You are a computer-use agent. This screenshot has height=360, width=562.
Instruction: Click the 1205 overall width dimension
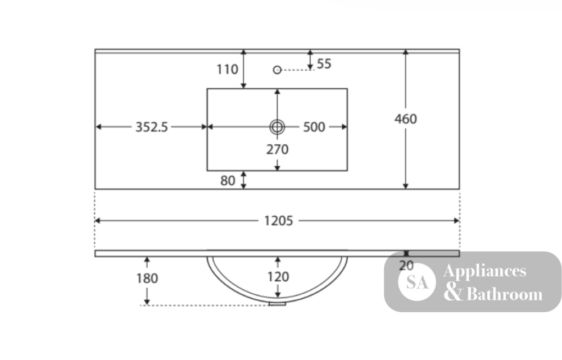click(x=279, y=221)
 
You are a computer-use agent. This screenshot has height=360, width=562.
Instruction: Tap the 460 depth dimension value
click(x=406, y=119)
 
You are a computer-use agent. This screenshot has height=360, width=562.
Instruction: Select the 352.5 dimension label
click(x=151, y=127)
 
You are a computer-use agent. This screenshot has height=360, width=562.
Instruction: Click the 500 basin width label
click(x=314, y=127)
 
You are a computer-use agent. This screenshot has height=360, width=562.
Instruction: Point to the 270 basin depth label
click(x=277, y=149)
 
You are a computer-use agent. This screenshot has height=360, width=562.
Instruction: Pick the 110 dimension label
click(x=227, y=69)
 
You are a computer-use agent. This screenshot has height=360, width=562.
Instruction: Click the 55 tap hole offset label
click(x=324, y=64)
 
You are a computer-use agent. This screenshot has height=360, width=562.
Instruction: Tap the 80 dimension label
click(x=228, y=180)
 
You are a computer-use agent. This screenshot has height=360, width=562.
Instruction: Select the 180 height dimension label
click(x=147, y=279)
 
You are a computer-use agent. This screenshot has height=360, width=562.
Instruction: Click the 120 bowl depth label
click(x=278, y=277)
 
